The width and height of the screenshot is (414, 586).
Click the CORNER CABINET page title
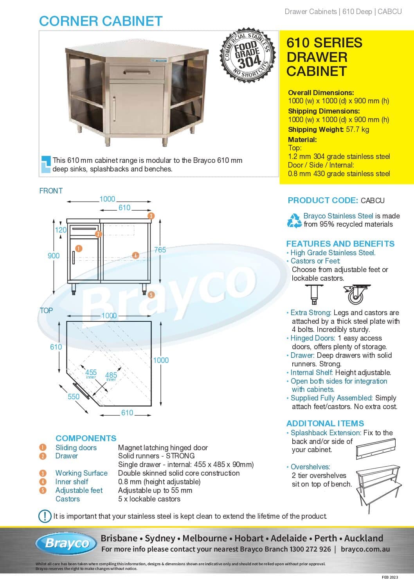(x=101, y=21)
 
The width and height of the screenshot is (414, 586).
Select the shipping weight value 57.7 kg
(x=357, y=129)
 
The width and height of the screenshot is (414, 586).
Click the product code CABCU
(x=373, y=200)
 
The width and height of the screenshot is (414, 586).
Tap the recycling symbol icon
(x=294, y=220)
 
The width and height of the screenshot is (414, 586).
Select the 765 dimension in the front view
(x=160, y=249)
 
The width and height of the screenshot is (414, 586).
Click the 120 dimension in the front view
(x=61, y=230)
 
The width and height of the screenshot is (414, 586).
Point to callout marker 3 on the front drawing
(x=151, y=216)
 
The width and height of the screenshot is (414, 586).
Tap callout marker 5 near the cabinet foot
(x=151, y=295)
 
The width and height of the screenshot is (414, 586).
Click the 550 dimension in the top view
(x=74, y=397)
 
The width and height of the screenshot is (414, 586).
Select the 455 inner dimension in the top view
(x=91, y=372)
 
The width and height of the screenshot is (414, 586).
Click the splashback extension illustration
(x=376, y=448)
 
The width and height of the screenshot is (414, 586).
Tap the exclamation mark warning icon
(x=45, y=516)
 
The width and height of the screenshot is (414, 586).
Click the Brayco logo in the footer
(x=67, y=543)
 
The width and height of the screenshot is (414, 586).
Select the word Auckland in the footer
(x=364, y=538)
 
